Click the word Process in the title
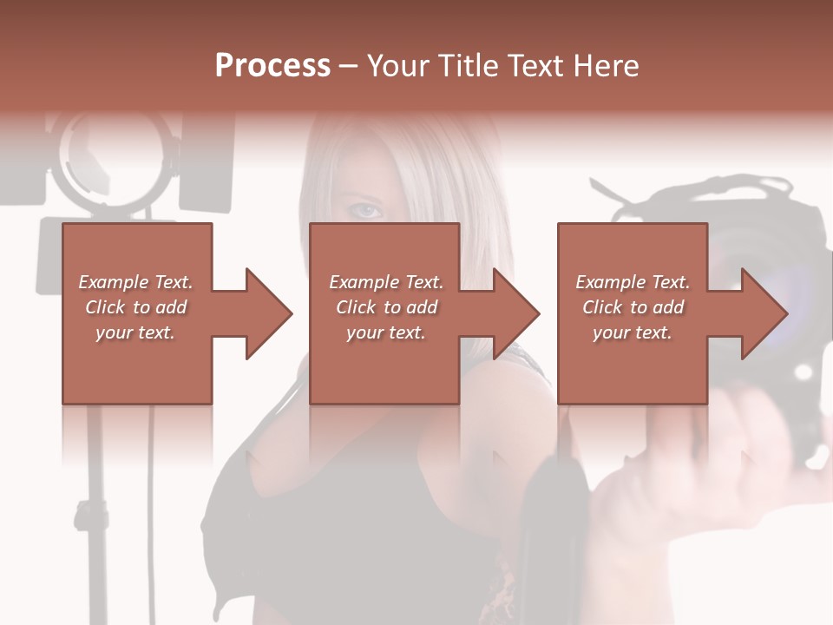click(272, 66)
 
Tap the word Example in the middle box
click(360, 282)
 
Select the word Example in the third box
click(607, 282)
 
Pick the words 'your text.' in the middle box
click(385, 332)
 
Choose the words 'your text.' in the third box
click(632, 332)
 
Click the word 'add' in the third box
click(667, 307)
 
